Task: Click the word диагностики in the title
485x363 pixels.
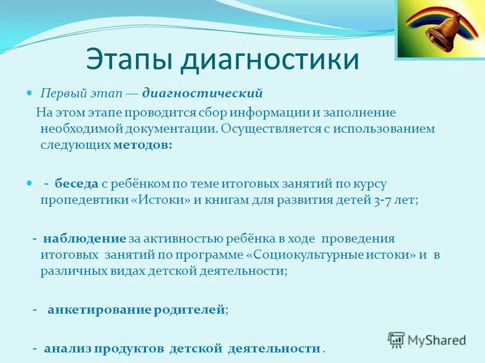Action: click(270, 59)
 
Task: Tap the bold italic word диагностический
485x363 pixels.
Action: click(203, 93)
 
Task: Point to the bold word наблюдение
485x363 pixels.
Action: click(84, 238)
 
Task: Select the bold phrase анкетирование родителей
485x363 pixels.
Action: click(136, 310)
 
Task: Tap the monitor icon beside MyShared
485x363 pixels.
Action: click(397, 339)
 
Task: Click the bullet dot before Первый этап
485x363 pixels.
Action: click(29, 94)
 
